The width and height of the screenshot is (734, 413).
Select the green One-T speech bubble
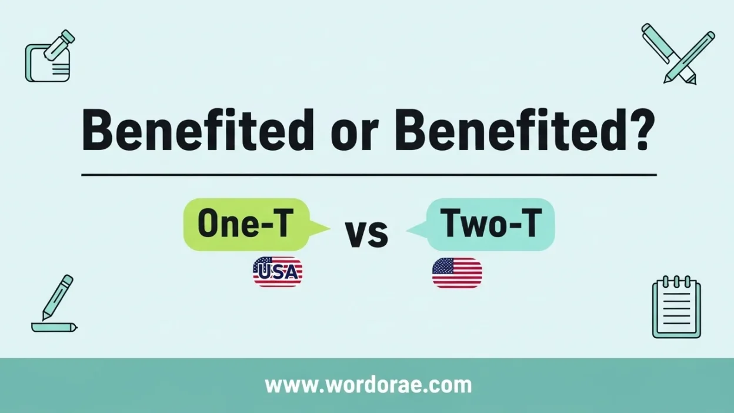247,225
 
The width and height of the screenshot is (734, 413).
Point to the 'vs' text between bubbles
366,233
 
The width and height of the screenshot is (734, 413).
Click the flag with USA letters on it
278,272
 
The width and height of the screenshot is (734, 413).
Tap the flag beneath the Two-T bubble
457,273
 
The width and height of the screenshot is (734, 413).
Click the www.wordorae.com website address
368,385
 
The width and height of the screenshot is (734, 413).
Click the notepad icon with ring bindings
676,307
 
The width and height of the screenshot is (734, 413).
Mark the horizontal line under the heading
368,175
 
